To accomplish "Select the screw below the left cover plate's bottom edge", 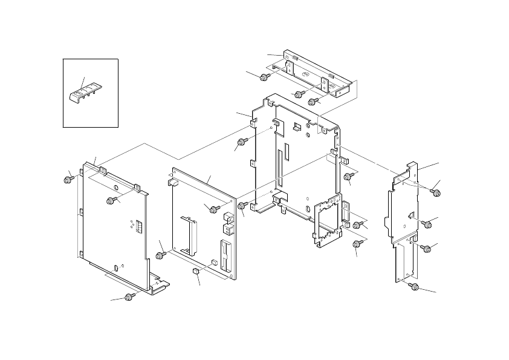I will coord(128,296).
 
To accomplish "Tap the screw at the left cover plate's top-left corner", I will coord(66,179).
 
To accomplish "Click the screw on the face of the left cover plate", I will coord(111,200).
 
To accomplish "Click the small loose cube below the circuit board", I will coord(195,273).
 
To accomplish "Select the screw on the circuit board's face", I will coord(213,209).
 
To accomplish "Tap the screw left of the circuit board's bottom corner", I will coord(159,256).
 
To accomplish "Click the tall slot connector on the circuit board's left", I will coord(189,232).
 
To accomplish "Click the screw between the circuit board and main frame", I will coord(242,206).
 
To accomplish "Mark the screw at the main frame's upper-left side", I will coord(242,142).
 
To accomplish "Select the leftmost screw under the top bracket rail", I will coord(264,77).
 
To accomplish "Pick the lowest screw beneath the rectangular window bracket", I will coord(357,244).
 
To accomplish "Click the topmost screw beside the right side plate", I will coord(435,191).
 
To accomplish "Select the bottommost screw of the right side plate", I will coord(415,286).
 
